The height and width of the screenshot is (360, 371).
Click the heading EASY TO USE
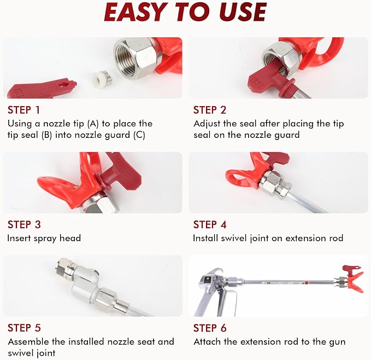point(185,12)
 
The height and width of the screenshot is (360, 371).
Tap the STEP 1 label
point(23,110)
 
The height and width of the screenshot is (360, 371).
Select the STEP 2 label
point(210,110)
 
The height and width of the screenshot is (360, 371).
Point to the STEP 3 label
point(24,224)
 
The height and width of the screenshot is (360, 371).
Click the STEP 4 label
point(210,224)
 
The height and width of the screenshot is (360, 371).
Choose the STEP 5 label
point(24,328)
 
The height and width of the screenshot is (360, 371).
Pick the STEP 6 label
point(210,328)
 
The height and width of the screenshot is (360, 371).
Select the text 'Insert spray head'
point(44,238)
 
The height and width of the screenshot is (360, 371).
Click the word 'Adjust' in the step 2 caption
point(207,124)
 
